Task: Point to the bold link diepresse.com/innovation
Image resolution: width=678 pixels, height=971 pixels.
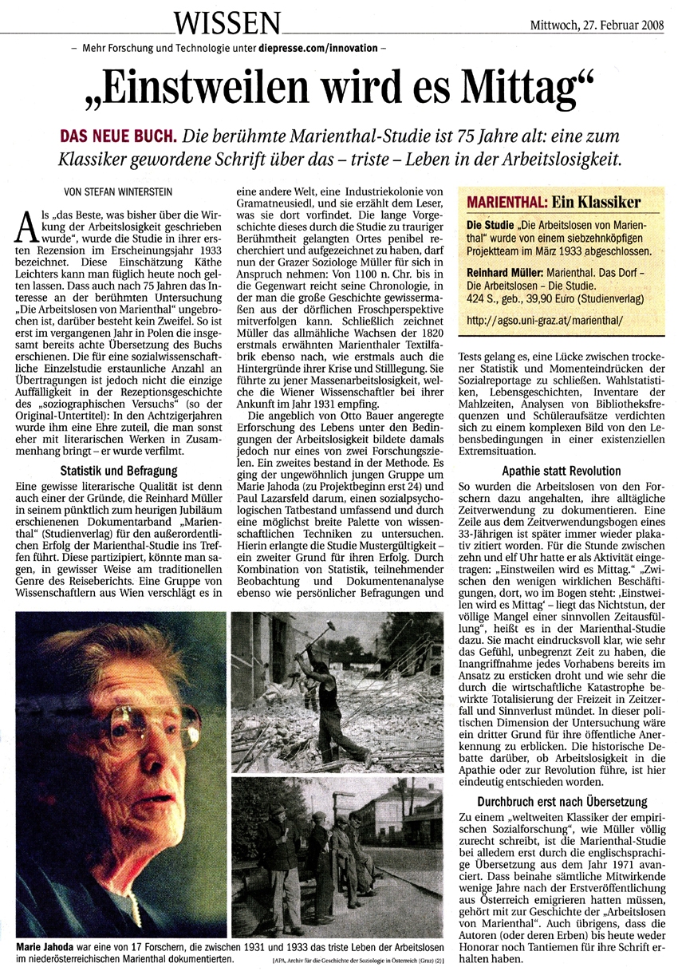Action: click(317, 49)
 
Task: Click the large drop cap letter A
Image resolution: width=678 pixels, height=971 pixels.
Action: click(25, 232)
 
